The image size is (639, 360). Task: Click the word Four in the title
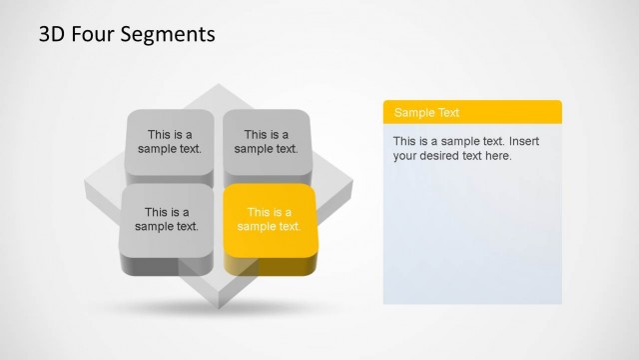click(89, 35)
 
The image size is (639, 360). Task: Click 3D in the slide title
click(52, 35)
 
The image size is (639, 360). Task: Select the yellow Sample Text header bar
click(472, 112)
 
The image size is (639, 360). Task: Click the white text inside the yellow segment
click(270, 219)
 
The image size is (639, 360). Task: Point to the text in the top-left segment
click(170, 142)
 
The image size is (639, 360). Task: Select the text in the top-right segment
click(267, 142)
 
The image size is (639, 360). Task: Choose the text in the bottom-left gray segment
click(167, 219)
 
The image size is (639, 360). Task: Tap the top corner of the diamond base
click(218, 88)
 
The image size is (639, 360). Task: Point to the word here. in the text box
click(498, 156)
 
